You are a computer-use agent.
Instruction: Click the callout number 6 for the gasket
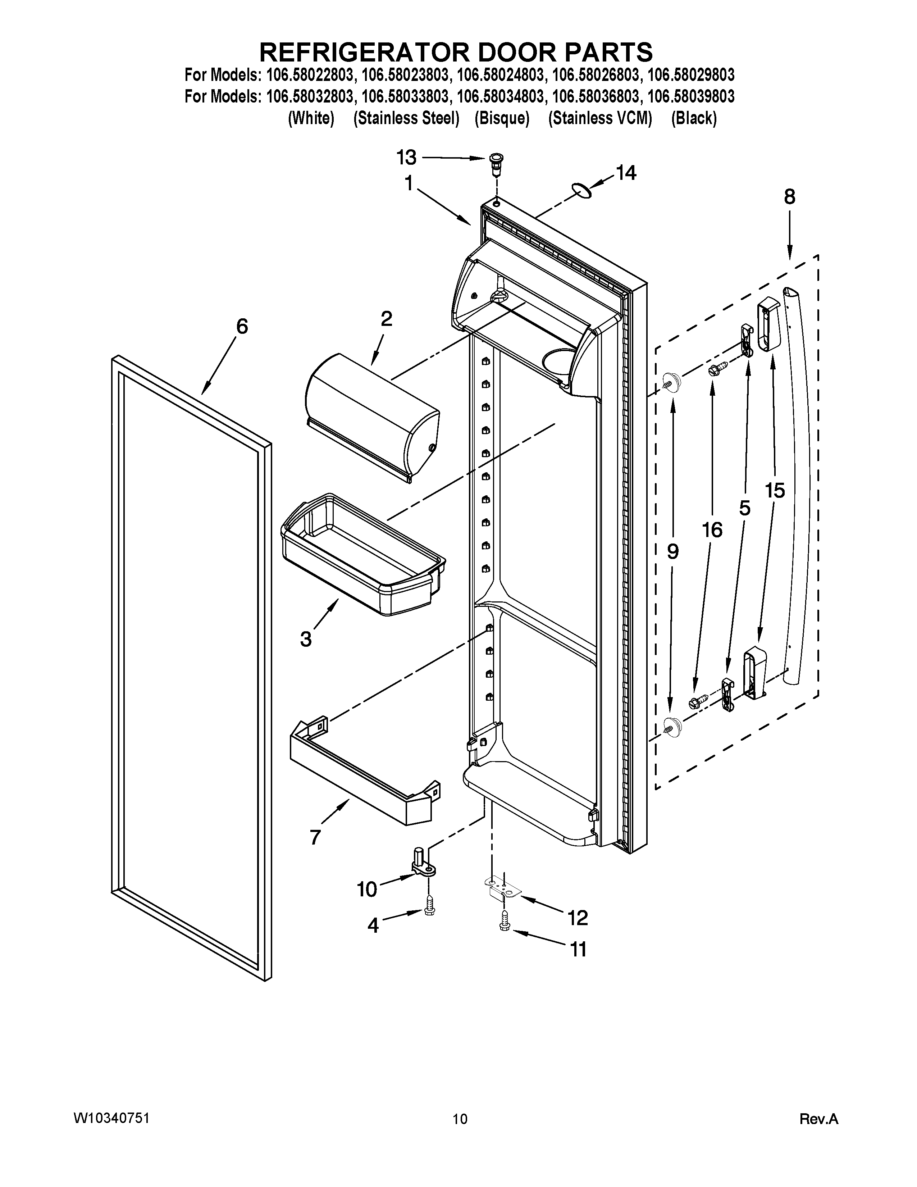[242, 327]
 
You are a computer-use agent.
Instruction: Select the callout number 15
[775, 490]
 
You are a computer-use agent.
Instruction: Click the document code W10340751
[111, 1118]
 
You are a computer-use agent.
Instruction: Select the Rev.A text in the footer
[819, 1119]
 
